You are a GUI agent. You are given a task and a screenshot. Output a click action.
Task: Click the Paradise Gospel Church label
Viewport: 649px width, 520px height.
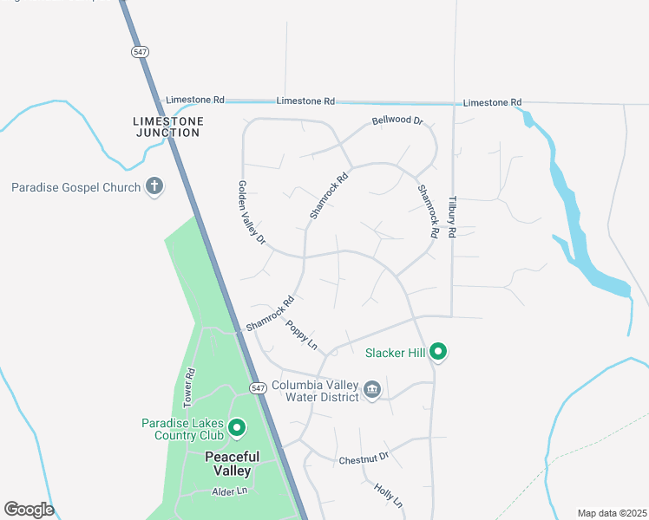[75, 187]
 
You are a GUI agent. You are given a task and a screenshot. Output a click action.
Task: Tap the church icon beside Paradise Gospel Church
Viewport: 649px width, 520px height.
[154, 186]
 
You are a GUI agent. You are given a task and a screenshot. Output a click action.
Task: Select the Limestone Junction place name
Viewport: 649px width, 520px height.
[168, 127]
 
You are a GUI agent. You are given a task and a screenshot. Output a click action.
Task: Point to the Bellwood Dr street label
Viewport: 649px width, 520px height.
[397, 120]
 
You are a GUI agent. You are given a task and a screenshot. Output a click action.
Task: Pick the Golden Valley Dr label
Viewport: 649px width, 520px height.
[252, 212]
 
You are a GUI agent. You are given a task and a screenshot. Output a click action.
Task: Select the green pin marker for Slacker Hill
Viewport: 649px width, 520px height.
[439, 351]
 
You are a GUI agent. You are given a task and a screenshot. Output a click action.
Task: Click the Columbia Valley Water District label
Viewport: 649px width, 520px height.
[315, 391]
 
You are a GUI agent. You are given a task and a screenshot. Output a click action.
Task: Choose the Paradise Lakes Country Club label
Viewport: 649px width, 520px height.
[182, 429]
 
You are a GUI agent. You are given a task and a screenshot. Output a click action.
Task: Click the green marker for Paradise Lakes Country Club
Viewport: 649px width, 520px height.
[235, 427]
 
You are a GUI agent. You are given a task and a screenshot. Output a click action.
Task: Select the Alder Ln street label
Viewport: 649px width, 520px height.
[230, 491]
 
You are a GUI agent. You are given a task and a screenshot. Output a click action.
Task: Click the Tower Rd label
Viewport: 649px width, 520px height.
[189, 387]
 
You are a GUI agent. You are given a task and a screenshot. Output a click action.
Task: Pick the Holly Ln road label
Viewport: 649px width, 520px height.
[389, 495]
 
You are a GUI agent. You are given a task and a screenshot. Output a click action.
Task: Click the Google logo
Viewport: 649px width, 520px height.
[29, 510]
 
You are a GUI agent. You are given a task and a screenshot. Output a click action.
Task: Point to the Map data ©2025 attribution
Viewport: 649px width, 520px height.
[612, 513]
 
